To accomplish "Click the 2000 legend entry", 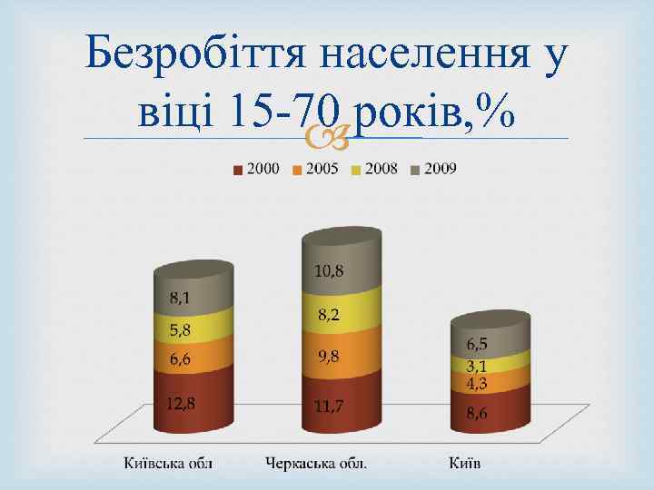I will coord(257,169).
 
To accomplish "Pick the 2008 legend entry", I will coord(375,169).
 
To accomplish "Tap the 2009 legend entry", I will coord(434,169).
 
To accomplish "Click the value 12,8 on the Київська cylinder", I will coord(182,403).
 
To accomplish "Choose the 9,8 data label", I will coord(329,356).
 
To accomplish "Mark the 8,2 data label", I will coord(329,315).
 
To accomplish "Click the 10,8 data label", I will coord(330,270).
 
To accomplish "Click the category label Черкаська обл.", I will coord(317,464).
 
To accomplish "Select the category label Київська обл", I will coord(169,464).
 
